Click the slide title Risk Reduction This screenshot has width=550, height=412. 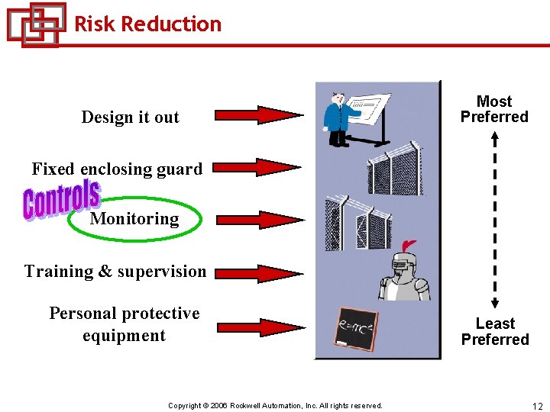click(x=147, y=24)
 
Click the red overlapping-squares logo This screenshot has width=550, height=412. click(x=35, y=24)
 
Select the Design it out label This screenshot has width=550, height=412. click(x=130, y=117)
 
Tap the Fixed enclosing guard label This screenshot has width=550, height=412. click(x=117, y=169)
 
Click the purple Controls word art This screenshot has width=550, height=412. click(x=61, y=199)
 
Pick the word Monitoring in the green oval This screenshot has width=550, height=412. click(x=134, y=220)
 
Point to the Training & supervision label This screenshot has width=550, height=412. click(x=115, y=272)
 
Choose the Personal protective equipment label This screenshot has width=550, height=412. click(x=125, y=324)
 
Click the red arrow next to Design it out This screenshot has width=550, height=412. click(x=258, y=115)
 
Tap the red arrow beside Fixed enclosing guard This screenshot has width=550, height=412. click(x=258, y=167)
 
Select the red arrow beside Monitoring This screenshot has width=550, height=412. click(x=258, y=220)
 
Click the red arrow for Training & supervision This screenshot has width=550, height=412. click(x=258, y=273)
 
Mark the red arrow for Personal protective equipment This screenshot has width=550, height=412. click(x=258, y=327)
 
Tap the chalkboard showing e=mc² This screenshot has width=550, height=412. click(x=356, y=330)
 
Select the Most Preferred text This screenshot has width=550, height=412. click(x=494, y=109)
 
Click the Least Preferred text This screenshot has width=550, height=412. click(x=495, y=332)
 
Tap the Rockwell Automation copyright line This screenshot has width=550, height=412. click(x=275, y=406)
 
